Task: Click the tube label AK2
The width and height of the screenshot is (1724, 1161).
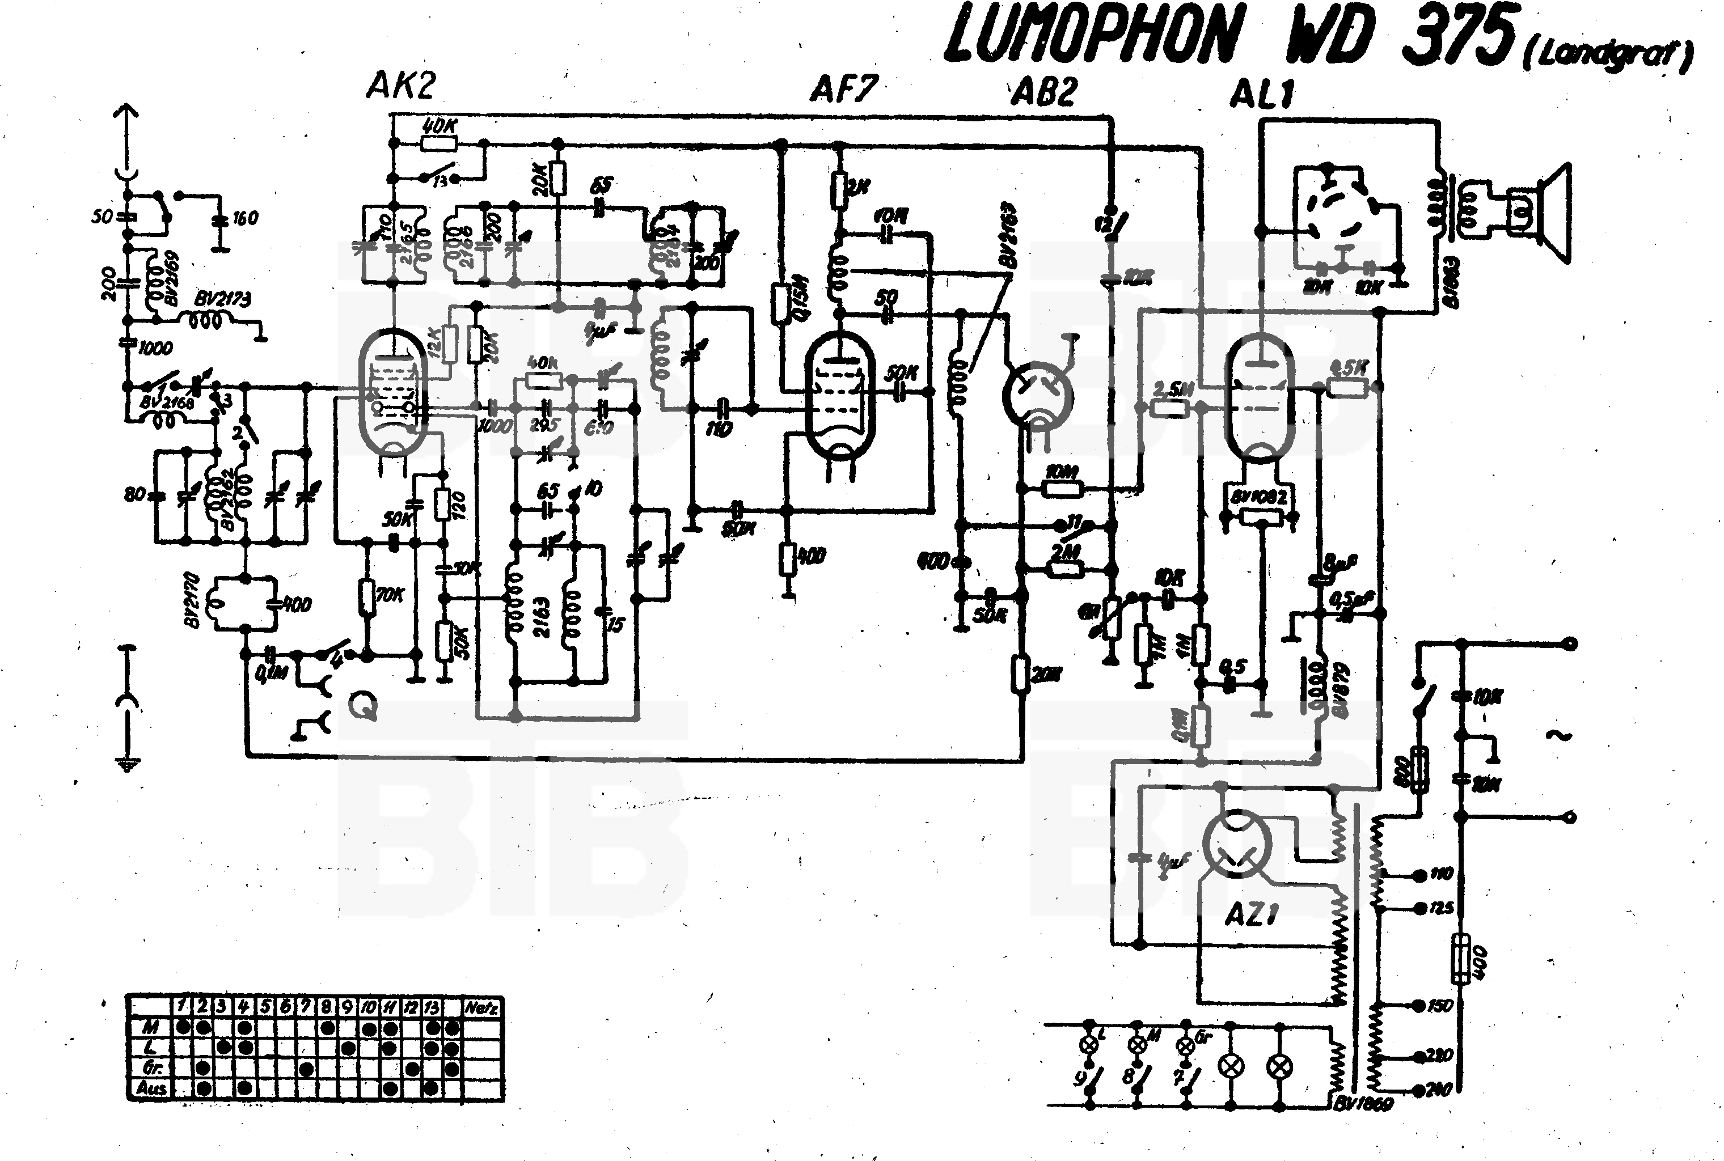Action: [400, 86]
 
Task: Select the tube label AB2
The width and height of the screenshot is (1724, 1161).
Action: [1043, 92]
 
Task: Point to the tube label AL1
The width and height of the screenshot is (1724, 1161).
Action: [1262, 95]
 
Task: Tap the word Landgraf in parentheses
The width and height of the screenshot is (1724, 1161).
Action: [1607, 54]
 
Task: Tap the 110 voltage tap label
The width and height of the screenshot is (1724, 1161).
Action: [1441, 875]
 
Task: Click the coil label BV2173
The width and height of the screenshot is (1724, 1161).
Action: [222, 299]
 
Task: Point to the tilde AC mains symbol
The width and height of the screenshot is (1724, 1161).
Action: [1559, 735]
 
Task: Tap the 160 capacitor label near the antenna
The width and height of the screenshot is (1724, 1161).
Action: [244, 218]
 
